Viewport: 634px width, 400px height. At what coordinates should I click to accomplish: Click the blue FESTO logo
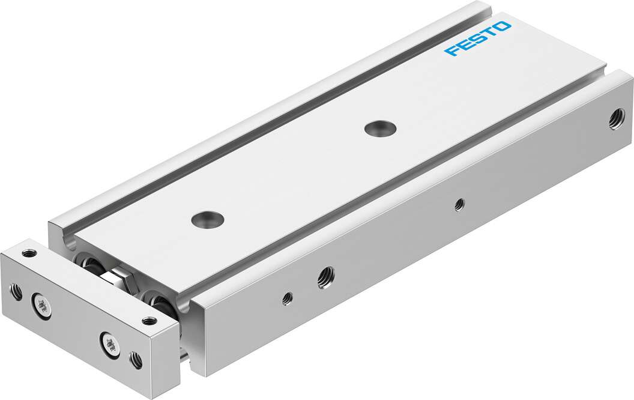(x=477, y=40)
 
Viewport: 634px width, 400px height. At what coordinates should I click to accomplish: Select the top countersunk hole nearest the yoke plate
(x=205, y=219)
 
